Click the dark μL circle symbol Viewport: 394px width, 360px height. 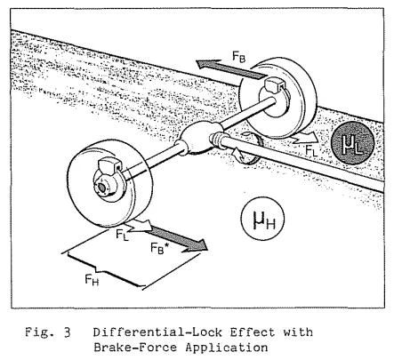click(352, 143)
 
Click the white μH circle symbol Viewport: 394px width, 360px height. click(262, 219)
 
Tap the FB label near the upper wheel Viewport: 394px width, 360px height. click(238, 56)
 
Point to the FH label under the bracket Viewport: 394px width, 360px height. click(92, 280)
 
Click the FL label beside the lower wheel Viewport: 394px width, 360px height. click(122, 235)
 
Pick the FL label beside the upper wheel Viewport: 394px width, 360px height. click(311, 150)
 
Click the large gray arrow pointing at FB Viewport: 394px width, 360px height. click(230, 68)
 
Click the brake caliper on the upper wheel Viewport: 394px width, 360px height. click(274, 85)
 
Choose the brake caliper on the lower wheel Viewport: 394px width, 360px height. click(108, 166)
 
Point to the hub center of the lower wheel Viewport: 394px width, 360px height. click(102, 188)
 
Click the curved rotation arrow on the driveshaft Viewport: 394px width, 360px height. click(251, 148)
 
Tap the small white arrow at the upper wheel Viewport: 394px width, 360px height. click(304, 138)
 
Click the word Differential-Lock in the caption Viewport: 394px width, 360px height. click(157, 332)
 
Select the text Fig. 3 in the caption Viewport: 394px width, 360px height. click(48, 332)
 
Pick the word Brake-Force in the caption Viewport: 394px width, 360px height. click(135, 348)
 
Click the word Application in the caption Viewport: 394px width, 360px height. click(227, 348)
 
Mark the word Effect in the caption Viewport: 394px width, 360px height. click(253, 332)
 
